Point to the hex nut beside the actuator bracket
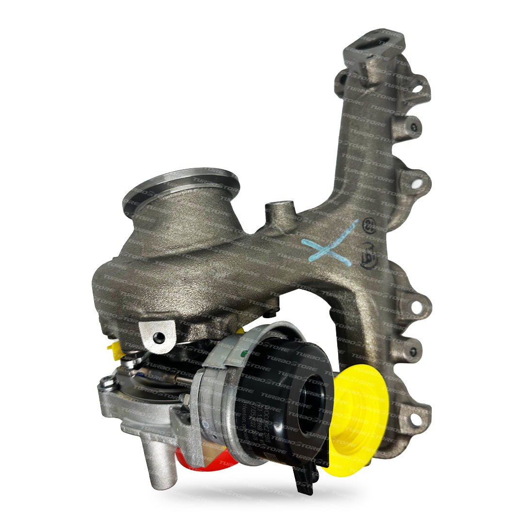(185, 399)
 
